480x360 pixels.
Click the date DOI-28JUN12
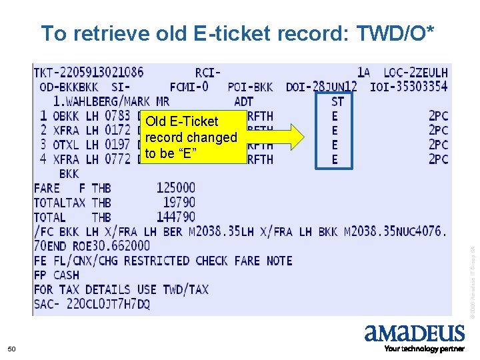click(x=321, y=87)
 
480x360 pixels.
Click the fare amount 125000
click(x=176, y=188)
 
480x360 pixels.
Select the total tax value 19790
click(x=179, y=203)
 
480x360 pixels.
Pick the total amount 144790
click(x=176, y=217)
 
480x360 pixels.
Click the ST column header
click(x=337, y=101)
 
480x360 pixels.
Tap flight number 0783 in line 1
click(x=117, y=116)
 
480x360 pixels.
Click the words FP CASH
click(x=57, y=275)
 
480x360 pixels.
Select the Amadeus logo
click(x=414, y=333)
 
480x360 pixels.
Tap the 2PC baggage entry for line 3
click(x=438, y=145)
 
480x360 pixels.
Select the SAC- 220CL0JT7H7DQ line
click(x=92, y=304)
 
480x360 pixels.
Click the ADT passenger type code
click(x=244, y=101)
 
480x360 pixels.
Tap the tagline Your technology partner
click(x=424, y=349)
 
